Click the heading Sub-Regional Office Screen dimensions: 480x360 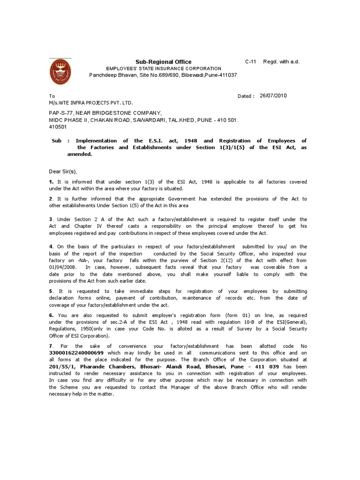coord(164,62)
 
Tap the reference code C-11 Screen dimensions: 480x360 coord(251,62)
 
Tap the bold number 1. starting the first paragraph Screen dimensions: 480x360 coord(52,181)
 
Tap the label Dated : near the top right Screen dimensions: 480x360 coord(246,96)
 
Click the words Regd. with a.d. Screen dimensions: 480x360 coord(281,62)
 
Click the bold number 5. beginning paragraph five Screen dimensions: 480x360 coord(52,291)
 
